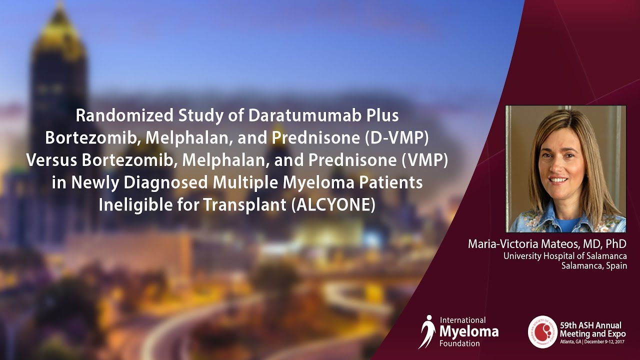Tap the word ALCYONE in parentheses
pos(333,205)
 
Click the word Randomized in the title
pos(124,115)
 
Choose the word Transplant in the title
pos(244,205)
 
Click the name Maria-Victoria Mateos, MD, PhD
pos(547,243)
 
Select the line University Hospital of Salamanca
pos(565,255)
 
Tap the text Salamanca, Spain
pos(594,265)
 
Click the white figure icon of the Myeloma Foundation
pos(427,331)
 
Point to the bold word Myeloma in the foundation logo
pos(469,332)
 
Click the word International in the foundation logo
pos(462,320)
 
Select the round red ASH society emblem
pos(542,331)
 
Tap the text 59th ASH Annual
pos(590,325)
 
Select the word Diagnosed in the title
pos(165,183)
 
